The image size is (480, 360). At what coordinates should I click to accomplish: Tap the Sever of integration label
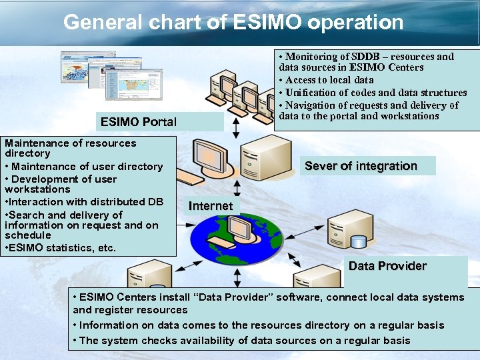[x=361, y=166]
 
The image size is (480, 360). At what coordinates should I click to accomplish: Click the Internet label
[x=211, y=206]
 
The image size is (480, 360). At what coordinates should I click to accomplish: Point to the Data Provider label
[x=387, y=266]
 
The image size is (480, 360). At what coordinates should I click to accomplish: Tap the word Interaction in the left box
[x=36, y=202]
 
